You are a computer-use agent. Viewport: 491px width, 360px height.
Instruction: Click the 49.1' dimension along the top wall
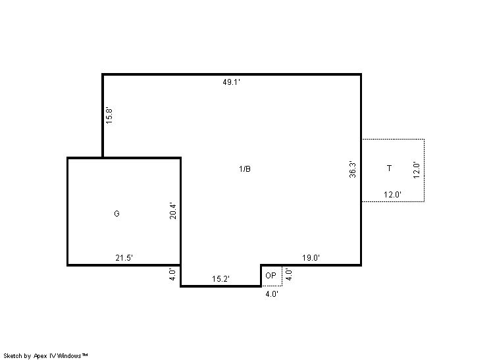(x=232, y=82)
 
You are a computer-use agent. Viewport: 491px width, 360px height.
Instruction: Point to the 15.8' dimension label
(x=109, y=116)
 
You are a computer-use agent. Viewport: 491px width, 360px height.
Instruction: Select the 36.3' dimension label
(x=353, y=170)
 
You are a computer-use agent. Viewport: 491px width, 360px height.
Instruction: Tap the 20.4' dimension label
(x=173, y=211)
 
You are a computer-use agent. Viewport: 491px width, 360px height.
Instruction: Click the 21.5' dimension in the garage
(x=124, y=258)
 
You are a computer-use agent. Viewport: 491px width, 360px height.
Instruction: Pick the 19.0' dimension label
(x=311, y=258)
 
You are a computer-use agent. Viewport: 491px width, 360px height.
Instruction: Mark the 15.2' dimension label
(x=220, y=279)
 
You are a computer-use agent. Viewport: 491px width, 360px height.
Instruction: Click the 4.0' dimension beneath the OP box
(x=272, y=294)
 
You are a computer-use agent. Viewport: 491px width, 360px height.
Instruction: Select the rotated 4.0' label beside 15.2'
(x=172, y=274)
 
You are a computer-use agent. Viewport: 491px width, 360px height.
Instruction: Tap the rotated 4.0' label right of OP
(x=289, y=274)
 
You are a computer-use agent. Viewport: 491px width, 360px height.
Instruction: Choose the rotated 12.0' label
(x=416, y=170)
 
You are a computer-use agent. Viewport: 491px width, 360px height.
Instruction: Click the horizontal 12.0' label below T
(x=393, y=195)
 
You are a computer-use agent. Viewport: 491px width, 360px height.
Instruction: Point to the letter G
(x=116, y=213)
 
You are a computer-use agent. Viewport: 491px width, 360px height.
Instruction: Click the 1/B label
(x=245, y=169)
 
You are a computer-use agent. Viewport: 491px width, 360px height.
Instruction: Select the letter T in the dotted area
(x=389, y=168)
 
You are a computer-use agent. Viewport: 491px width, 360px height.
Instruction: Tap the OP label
(x=271, y=276)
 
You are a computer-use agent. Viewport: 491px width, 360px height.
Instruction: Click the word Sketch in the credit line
(x=13, y=356)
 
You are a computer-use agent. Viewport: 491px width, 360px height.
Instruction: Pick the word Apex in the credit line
(x=40, y=356)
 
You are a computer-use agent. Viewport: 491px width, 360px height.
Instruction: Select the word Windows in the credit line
(x=69, y=356)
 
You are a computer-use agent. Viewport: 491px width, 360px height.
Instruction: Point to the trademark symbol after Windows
(x=84, y=355)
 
